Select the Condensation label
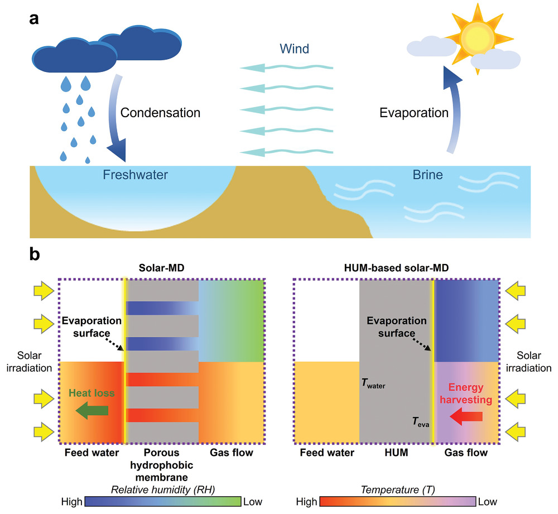(x=161, y=113)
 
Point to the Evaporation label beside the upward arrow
(x=414, y=113)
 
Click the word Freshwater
(x=135, y=175)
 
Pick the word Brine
(x=427, y=175)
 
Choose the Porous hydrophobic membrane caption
(x=161, y=464)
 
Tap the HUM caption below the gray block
(x=397, y=453)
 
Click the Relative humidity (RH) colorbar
(x=163, y=500)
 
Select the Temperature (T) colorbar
(x=397, y=500)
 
